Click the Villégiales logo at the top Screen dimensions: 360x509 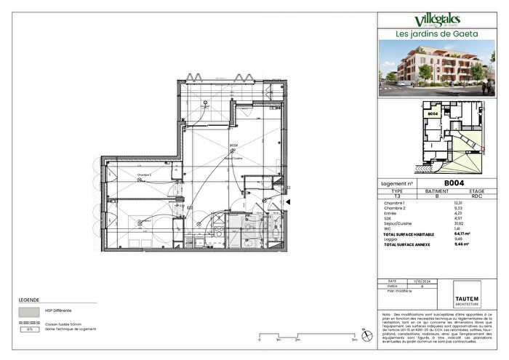(438, 20)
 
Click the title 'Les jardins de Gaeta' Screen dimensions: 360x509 (438, 33)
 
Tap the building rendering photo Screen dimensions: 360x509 (438, 69)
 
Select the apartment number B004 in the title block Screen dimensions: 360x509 (454, 184)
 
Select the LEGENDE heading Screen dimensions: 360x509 (29, 299)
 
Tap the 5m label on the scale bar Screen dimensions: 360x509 (353, 340)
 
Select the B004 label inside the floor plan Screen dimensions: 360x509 (234, 145)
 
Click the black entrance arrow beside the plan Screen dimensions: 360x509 (288, 202)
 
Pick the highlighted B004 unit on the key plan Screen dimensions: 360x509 (433, 113)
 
